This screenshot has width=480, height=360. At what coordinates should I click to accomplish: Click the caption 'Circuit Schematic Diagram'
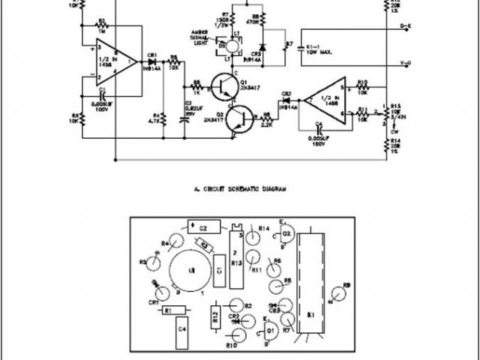click(x=235, y=190)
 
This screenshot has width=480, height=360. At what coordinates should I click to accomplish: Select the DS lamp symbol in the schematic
click(x=232, y=46)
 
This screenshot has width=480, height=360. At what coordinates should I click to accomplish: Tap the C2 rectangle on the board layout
click(x=203, y=226)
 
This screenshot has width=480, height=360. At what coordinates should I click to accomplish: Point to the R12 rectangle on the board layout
click(x=216, y=319)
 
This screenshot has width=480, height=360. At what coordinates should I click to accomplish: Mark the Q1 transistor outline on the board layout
click(x=271, y=328)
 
